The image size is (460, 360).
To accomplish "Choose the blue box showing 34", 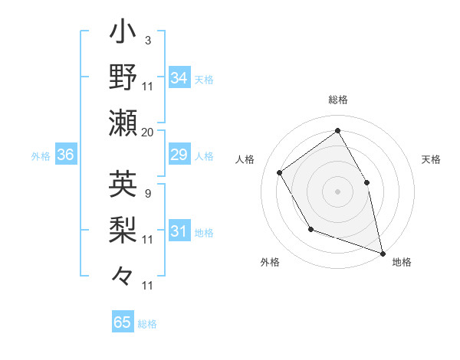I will [x=179, y=77].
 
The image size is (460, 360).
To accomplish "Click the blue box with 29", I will [x=179, y=155].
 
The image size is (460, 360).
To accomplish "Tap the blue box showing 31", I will [x=179, y=231].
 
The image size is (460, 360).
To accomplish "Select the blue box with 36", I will [x=66, y=155].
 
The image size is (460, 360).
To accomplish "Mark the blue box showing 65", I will [x=123, y=322].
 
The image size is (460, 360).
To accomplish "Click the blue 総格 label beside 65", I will [x=148, y=324].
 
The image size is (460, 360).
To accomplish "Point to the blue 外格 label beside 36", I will [x=41, y=156].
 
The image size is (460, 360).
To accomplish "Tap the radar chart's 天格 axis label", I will [x=431, y=160].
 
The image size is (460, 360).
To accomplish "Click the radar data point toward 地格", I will [x=382, y=252].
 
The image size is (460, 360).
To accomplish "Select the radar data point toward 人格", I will [x=280, y=172].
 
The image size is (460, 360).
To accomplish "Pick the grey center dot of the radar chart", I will [x=337, y=191].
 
